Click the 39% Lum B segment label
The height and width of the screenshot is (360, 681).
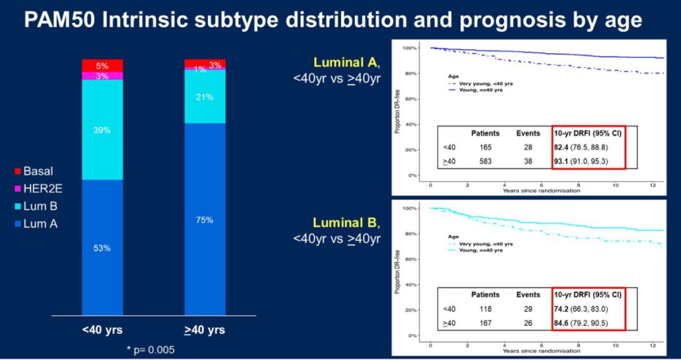(102, 130)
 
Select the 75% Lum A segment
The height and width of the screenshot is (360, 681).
(205, 220)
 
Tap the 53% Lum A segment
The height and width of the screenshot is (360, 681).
(102, 248)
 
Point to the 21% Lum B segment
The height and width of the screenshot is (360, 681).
(205, 97)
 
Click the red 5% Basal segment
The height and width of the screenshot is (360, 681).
(102, 66)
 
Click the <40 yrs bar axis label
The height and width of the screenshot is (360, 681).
(103, 330)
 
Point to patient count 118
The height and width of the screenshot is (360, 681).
(485, 309)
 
